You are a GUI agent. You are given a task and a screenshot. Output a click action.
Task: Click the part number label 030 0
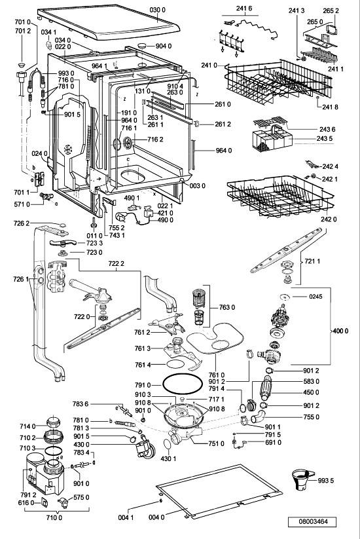[x=157, y=10]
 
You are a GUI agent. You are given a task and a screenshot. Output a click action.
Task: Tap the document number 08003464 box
[x=312, y=521]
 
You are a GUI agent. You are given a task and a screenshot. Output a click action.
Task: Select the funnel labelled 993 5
[x=302, y=480]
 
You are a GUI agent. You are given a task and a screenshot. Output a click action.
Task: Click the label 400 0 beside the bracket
[x=340, y=331]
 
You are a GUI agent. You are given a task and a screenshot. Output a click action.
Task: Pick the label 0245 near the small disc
[x=315, y=296]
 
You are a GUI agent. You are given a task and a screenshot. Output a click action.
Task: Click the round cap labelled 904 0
[x=142, y=46]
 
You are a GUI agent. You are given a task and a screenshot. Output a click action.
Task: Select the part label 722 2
[x=116, y=264]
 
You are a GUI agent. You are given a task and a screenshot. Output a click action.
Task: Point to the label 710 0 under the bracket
[x=54, y=517]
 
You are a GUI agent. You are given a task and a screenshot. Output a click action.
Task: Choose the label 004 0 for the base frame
[x=156, y=517]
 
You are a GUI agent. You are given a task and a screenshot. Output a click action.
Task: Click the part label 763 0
[x=227, y=307]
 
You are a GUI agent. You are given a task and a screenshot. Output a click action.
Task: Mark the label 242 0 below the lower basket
[x=329, y=219]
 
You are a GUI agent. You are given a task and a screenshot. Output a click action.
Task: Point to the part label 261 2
[x=223, y=124]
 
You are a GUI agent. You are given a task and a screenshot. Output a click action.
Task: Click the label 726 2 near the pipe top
[x=22, y=223]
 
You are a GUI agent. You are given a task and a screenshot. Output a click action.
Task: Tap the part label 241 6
[x=244, y=9]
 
